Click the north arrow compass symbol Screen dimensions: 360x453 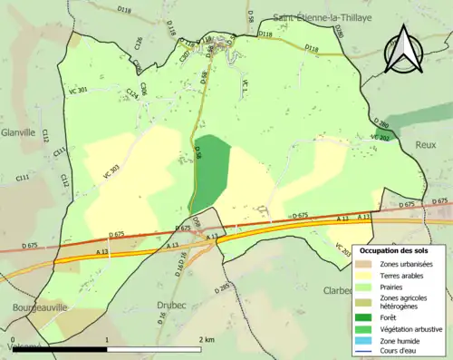click(x=405, y=49)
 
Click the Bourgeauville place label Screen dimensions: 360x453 click(x=34, y=307)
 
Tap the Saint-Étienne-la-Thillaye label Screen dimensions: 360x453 click(x=322, y=17)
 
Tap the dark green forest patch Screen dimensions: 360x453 click(x=210, y=168)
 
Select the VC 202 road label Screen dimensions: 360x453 click(x=381, y=137)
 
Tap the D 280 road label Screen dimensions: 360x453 click(x=380, y=123)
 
